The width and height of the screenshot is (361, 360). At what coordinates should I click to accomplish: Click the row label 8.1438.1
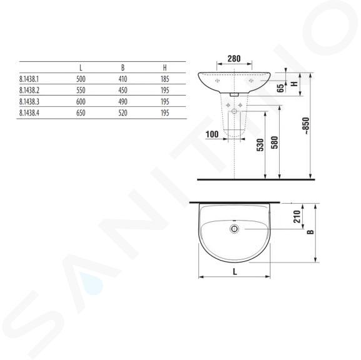29,79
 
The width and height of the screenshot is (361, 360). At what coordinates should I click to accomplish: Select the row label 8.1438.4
29,113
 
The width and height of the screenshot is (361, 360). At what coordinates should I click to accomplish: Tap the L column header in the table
81,67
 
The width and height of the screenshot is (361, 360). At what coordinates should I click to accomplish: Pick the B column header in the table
123,67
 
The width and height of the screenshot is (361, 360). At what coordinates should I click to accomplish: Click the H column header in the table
165,67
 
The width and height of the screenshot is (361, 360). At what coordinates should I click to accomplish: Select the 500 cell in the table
81,79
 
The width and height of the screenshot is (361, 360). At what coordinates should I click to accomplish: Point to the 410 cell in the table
123,79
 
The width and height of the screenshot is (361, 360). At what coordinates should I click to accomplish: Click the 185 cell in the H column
165,79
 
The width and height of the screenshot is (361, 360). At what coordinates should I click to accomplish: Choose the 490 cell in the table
123,102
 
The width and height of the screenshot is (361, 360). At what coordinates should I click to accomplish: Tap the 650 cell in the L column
81,113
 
